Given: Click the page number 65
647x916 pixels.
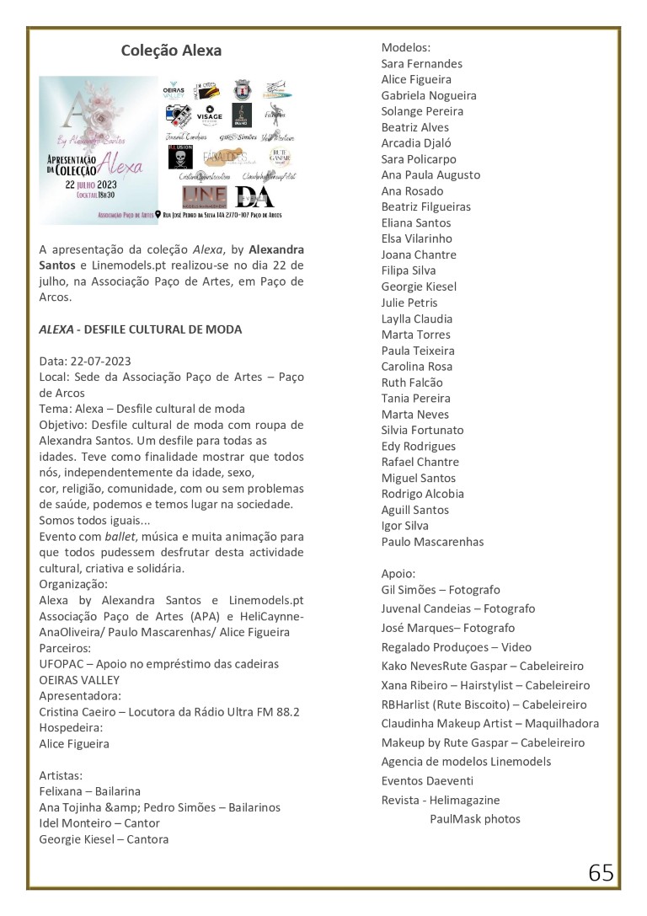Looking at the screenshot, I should pyautogui.click(x=601, y=873).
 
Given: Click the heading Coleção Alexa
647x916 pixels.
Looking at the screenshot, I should pyautogui.click(x=171, y=51).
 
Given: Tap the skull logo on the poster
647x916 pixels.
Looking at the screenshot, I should pyautogui.click(x=180, y=158).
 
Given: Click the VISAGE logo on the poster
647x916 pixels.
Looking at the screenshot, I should pyautogui.click(x=209, y=115).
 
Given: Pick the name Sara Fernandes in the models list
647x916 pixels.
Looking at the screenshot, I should pyautogui.click(x=421, y=63).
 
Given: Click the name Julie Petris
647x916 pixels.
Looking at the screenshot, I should pyautogui.click(x=409, y=303).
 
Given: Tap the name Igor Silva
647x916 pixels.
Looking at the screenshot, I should pyautogui.click(x=404, y=526).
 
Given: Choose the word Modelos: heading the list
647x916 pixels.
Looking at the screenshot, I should pyautogui.click(x=406, y=47).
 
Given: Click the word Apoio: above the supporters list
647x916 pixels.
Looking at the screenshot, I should pyautogui.click(x=398, y=573).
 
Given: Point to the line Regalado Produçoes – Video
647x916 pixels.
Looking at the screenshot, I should pyautogui.click(x=456, y=647).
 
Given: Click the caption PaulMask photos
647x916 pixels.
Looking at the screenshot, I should pyautogui.click(x=475, y=819).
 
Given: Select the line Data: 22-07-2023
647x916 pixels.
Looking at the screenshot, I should pyautogui.click(x=85, y=362).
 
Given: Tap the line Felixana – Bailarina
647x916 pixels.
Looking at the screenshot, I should pyautogui.click(x=90, y=791).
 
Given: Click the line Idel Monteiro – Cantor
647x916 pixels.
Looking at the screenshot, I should pyautogui.click(x=99, y=823).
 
